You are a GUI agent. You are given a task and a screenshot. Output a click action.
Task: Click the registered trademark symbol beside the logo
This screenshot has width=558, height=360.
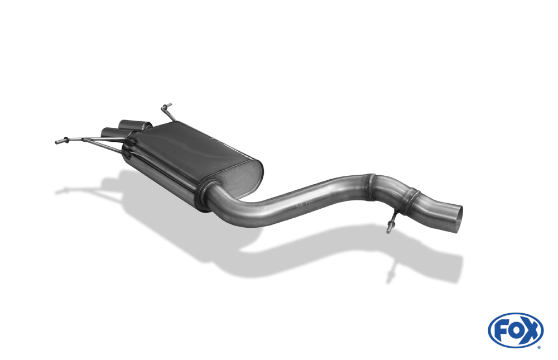[x=539, y=347]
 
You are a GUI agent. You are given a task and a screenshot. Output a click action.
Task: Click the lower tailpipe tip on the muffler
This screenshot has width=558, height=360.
[x=114, y=132]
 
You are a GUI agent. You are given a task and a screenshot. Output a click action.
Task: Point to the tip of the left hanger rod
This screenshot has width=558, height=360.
[x=57, y=142]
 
